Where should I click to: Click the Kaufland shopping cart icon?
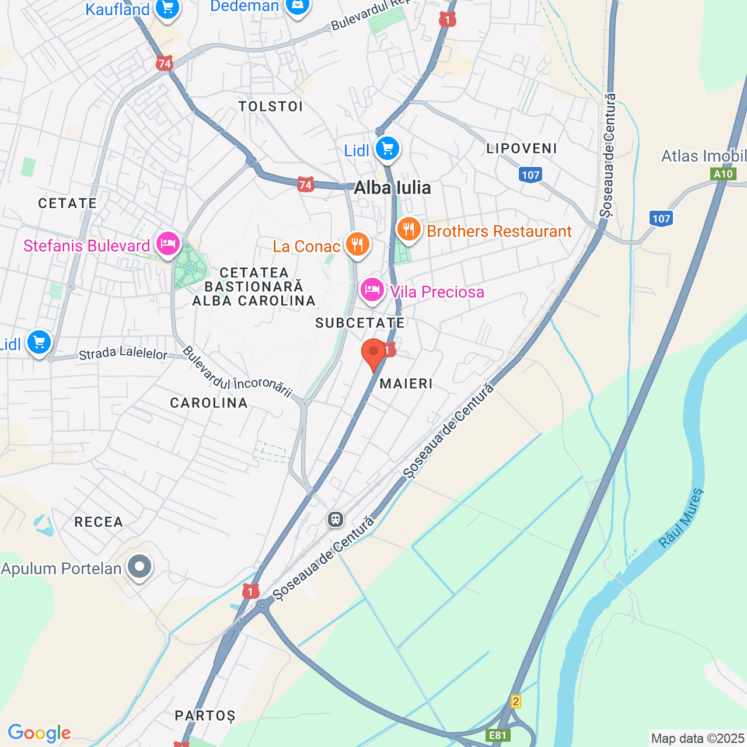point(167,8)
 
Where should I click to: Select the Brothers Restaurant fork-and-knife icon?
point(409,229)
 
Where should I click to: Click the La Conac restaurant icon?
point(357,244)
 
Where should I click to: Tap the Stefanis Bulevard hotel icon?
point(168,244)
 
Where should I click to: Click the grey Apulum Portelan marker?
point(139,566)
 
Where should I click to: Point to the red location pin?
point(373,352)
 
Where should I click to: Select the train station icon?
point(336,519)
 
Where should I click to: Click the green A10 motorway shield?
point(723,174)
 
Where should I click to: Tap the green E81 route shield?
point(498,735)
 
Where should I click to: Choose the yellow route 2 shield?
point(515,701)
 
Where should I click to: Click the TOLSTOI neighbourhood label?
point(271,106)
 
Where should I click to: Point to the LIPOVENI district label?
point(522,148)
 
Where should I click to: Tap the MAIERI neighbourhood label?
point(406,383)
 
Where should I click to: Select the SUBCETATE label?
point(360,323)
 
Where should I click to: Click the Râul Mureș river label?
point(681,518)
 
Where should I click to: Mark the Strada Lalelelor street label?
point(123,353)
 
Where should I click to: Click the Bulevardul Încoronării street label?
point(237,372)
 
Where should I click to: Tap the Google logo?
point(39,733)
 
